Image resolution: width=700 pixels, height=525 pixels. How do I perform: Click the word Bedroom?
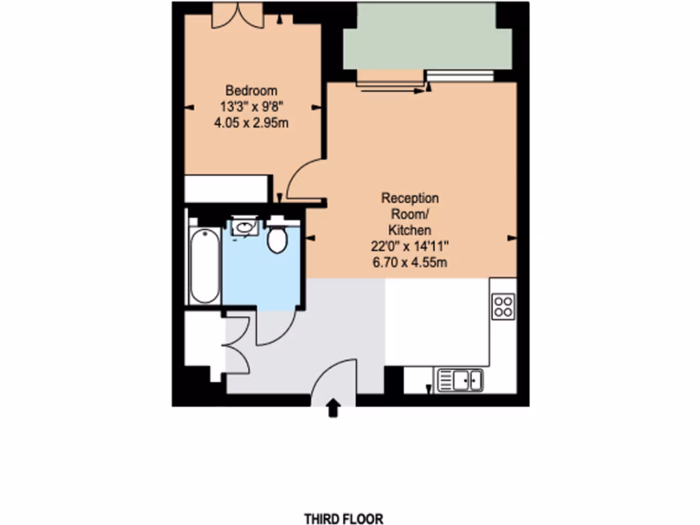click(252, 90)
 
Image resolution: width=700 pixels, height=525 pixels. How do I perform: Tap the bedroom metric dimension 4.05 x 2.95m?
click(252, 123)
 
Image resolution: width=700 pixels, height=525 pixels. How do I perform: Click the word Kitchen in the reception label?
click(409, 230)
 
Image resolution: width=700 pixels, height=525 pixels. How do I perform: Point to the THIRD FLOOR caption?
click(344, 519)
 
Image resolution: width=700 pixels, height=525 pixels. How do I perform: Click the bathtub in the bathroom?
click(204, 267)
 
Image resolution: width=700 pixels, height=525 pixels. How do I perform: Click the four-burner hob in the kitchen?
click(503, 305)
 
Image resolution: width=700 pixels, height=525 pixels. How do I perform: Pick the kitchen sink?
click(460, 379)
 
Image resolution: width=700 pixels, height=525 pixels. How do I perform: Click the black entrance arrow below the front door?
click(334, 408)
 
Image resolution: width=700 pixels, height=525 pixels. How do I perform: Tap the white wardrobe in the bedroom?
click(228, 189)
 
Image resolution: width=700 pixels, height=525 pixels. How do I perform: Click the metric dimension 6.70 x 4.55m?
click(409, 262)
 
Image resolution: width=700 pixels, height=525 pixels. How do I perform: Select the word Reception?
click(409, 198)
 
